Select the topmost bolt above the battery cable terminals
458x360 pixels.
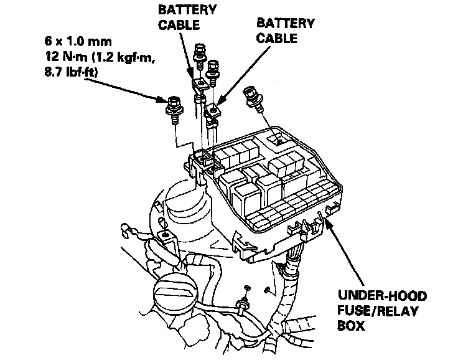point(200,53)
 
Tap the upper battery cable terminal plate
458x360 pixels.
point(199,82)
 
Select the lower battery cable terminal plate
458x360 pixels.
point(213,110)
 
